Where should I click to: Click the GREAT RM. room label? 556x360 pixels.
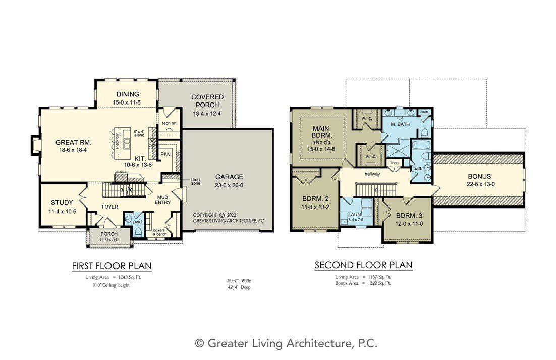tap(73, 142)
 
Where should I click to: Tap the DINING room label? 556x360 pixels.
tap(128, 94)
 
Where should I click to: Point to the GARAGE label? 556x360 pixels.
tap(229, 177)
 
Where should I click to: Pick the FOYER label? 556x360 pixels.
tap(110, 206)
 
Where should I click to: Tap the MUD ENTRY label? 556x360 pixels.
tap(162, 199)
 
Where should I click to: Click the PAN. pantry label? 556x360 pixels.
tap(165, 154)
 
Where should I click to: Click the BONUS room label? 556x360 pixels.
tap(479, 176)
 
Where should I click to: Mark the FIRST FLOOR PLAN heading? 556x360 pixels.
tap(112, 265)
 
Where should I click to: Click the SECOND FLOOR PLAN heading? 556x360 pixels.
tap(363, 265)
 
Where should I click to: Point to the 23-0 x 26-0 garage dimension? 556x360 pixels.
tap(229, 185)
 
